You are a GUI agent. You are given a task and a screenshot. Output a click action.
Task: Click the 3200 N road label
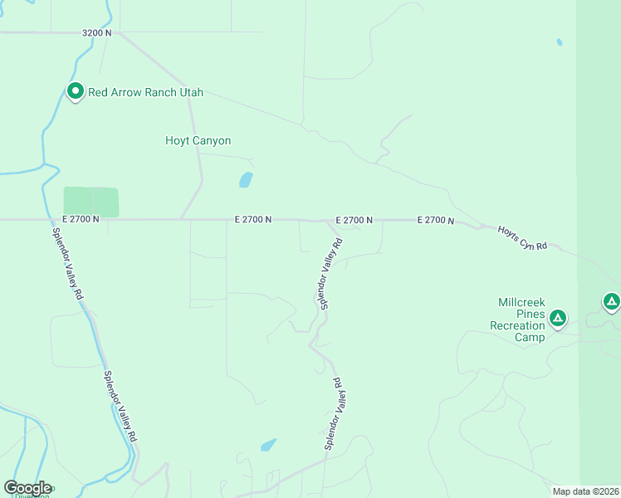[x=97, y=33]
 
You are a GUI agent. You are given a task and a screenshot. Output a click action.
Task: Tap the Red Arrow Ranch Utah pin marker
[x=75, y=91]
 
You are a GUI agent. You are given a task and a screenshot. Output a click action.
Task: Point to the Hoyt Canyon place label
[x=198, y=141]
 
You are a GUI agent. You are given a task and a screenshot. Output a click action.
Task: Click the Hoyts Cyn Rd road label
[x=523, y=237]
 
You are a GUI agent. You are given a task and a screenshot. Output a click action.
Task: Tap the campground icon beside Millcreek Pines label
[x=559, y=317]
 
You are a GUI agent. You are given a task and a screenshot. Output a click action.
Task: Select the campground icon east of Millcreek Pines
[x=611, y=301]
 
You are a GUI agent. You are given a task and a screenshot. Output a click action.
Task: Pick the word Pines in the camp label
[x=531, y=314]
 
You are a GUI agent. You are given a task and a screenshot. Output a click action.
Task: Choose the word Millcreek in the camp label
[x=521, y=302]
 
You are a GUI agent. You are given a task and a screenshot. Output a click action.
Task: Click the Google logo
[x=27, y=488]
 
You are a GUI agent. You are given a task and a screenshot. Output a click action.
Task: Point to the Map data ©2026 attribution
[x=585, y=491]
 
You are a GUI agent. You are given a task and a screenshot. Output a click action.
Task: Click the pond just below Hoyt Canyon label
[x=246, y=179]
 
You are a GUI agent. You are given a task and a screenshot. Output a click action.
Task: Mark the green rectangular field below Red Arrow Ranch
[x=91, y=202]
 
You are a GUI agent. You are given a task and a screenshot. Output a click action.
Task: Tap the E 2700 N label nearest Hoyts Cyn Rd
[x=436, y=220]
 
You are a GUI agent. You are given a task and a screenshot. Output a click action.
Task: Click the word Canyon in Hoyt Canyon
[x=212, y=141]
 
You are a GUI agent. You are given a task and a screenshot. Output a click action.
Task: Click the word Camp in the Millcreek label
[x=529, y=337]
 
